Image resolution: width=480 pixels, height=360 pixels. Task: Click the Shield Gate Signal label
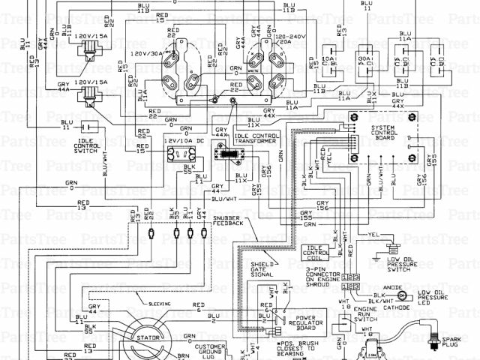(262, 269)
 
